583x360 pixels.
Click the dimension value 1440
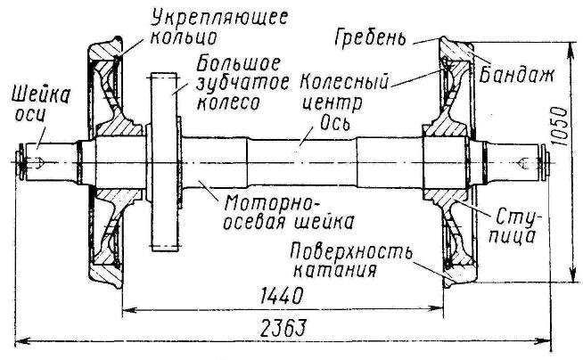(281, 296)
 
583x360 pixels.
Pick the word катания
(333, 266)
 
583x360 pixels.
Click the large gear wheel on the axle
(167, 160)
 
